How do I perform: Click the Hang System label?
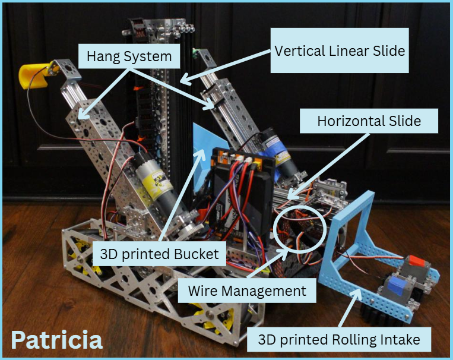128,57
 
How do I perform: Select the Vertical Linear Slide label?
340,50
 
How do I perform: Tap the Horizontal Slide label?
369,122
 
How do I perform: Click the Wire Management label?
247,291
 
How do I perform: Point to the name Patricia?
56,339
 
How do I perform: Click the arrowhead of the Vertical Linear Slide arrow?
182,80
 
